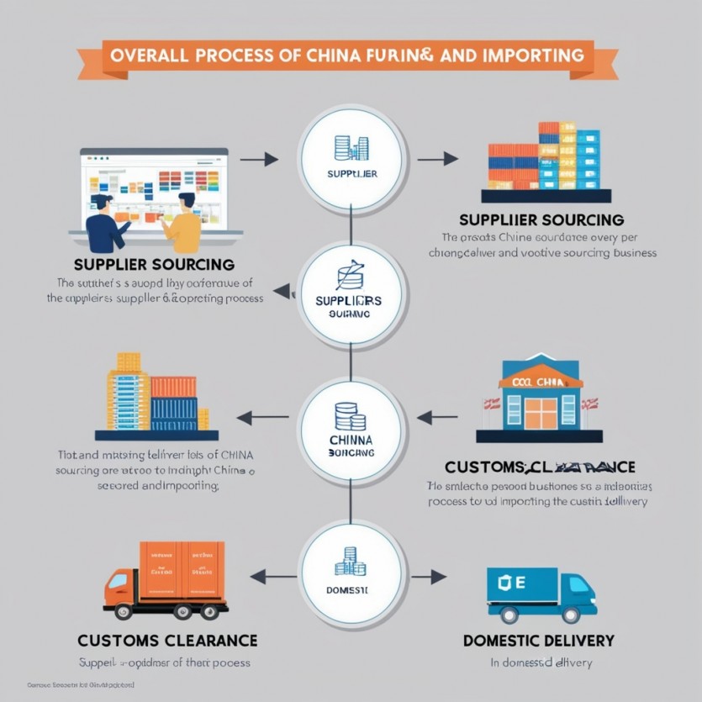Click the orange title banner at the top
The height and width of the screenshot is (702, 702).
[x=351, y=55]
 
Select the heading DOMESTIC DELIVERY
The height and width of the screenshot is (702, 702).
[x=538, y=641]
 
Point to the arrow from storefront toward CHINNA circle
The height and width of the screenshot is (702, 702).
[x=436, y=415]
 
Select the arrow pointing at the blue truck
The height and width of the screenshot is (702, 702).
[x=436, y=577]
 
